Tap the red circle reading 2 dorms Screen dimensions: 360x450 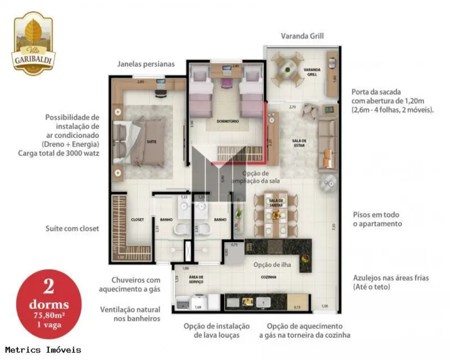[x=49, y=304]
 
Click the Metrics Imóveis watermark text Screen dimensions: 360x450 [x=43, y=350]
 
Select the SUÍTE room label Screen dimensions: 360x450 [x=151, y=142]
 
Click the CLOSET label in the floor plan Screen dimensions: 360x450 [x=137, y=220]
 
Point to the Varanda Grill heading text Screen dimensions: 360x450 [x=302, y=36]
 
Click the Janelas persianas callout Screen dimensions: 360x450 [x=146, y=64]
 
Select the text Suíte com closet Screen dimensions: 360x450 [x=73, y=228]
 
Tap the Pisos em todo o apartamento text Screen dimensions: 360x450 [x=377, y=219]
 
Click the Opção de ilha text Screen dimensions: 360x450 [x=272, y=264]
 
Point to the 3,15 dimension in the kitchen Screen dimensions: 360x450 [x=296, y=307]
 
